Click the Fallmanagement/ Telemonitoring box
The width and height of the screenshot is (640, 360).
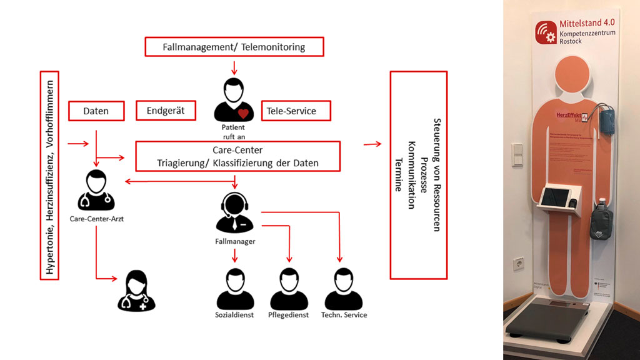[x=234, y=47]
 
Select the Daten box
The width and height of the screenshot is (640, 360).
[x=96, y=111]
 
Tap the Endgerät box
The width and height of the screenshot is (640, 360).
[x=166, y=111]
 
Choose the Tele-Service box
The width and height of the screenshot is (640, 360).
[x=296, y=111]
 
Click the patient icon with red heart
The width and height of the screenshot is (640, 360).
[x=234, y=100]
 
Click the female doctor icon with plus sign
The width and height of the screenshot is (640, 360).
[x=137, y=290]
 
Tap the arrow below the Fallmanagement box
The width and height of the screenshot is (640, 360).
[x=234, y=66]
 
